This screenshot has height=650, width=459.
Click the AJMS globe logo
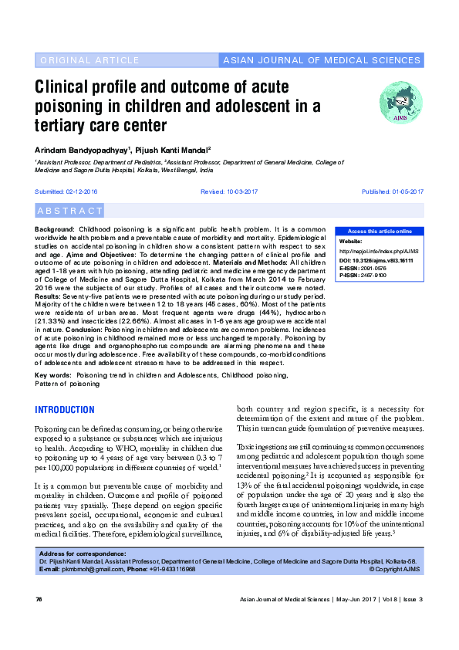[400, 102]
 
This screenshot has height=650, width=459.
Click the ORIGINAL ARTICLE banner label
[84, 60]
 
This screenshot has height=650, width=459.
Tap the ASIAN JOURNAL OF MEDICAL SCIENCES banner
[321, 60]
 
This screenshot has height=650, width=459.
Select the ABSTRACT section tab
[69, 211]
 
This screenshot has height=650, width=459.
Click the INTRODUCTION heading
[65, 410]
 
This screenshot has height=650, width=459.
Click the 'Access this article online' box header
[380, 232]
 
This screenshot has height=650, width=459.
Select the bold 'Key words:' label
[52, 374]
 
